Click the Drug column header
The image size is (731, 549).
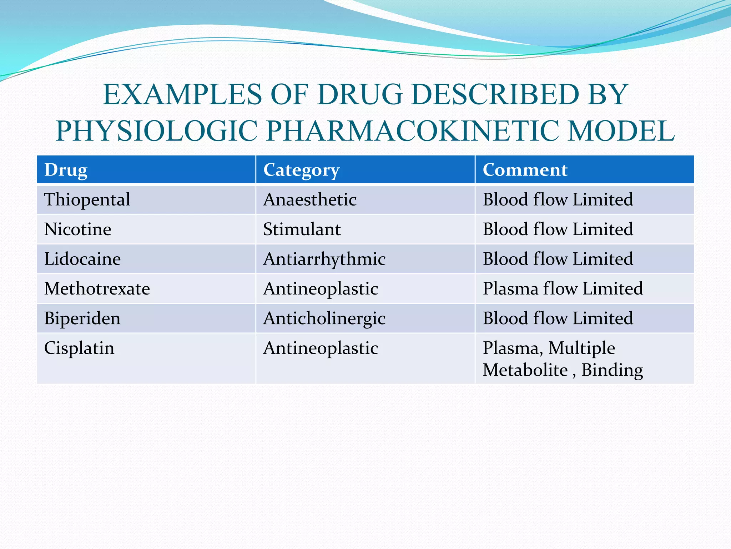(x=66, y=170)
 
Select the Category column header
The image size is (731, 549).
(x=301, y=170)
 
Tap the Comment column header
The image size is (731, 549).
(x=525, y=170)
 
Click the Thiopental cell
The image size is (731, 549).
(x=87, y=199)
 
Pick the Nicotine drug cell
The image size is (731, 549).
(x=77, y=229)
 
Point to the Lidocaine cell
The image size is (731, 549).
(x=82, y=259)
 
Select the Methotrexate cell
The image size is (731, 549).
(x=97, y=288)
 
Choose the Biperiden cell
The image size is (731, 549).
(x=82, y=318)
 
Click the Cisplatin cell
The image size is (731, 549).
(x=79, y=348)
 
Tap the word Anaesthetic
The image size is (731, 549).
(x=310, y=199)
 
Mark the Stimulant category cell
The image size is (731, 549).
(x=302, y=229)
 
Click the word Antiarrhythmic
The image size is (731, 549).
(x=324, y=259)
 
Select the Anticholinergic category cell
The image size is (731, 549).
(x=324, y=318)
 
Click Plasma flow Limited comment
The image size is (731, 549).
(x=563, y=288)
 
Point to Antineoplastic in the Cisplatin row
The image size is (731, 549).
(x=321, y=348)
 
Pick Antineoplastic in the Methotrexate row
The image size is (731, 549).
(x=321, y=288)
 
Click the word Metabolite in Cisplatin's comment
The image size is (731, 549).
(x=525, y=370)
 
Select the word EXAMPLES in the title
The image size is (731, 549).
(x=182, y=94)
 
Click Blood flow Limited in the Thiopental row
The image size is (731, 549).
(x=558, y=199)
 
